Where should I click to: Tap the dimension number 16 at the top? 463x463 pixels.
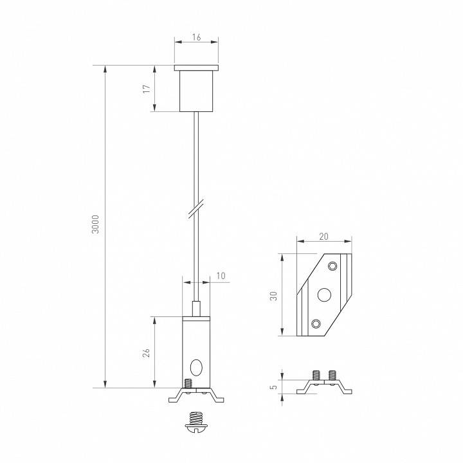196,39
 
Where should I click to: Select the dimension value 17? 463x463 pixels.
147,88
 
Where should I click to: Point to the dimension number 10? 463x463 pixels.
221,276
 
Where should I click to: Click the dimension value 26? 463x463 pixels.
147,352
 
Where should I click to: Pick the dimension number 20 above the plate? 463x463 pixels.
323,236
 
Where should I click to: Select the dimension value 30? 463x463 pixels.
273,296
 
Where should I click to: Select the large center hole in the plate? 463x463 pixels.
324,295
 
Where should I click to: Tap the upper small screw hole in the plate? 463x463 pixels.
332,266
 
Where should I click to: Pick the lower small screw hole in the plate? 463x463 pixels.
315,323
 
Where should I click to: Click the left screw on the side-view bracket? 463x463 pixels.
316,375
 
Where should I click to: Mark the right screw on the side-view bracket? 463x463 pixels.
332,375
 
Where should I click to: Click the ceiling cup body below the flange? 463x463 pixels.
197,91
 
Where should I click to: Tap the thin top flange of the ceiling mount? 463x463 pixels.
197,67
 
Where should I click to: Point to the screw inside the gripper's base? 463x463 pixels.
188,383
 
